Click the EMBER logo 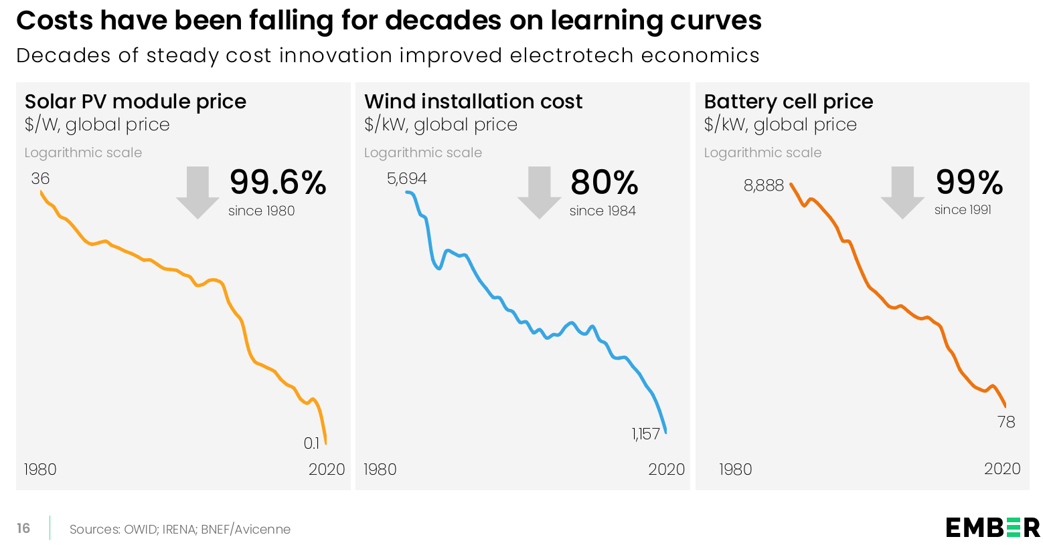(993, 528)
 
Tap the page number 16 (23, 528)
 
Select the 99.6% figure (278, 183)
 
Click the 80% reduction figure (605, 183)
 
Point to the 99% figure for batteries (969, 183)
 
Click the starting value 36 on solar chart (40, 179)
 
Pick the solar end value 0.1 (311, 443)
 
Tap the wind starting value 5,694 (406, 179)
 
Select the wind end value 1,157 (646, 434)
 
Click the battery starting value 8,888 (763, 185)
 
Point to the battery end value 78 (1006, 422)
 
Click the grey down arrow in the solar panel (197, 193)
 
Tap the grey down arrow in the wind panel (539, 193)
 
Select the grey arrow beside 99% (902, 193)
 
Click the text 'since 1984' (603, 211)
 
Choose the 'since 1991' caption (963, 210)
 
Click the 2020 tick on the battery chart (1002, 469)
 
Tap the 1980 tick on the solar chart (40, 469)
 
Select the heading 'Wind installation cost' (473, 102)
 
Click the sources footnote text (180, 530)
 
